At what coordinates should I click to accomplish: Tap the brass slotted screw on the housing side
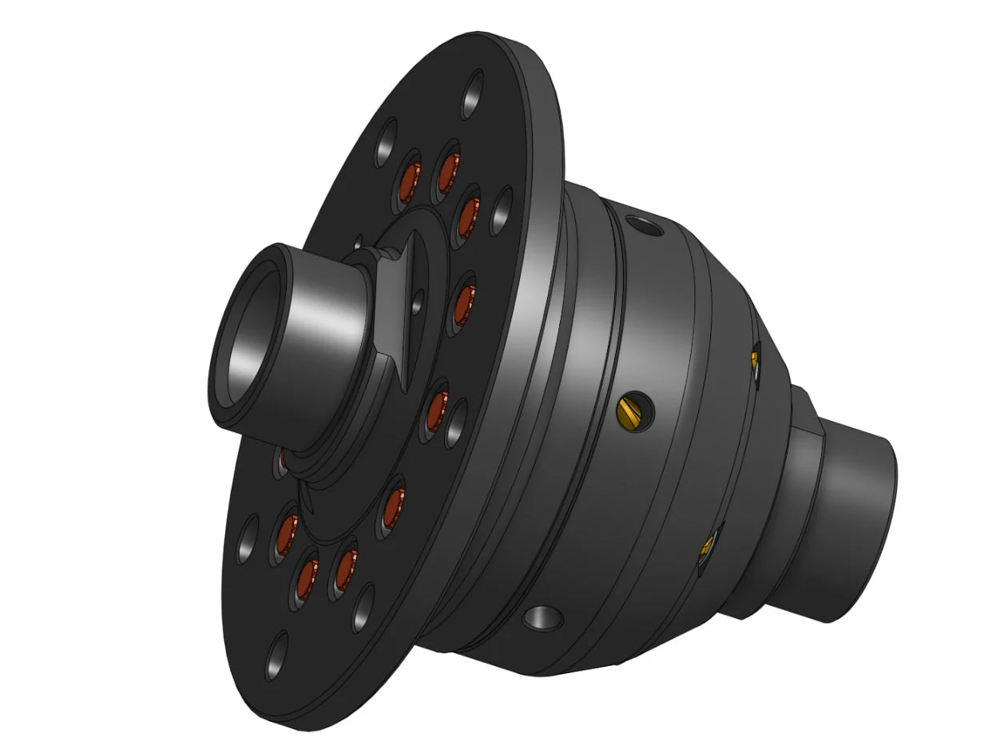[x=631, y=410]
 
